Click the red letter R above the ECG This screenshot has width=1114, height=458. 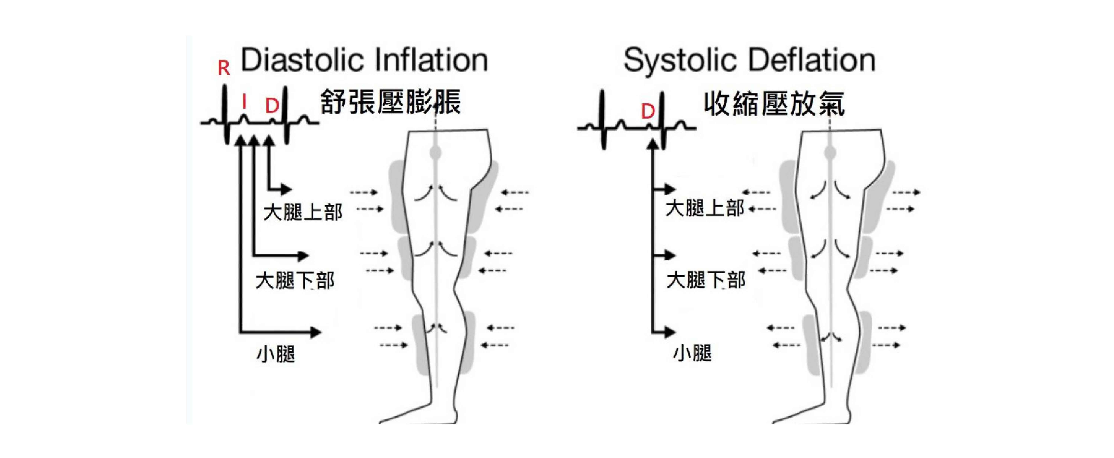(x=224, y=68)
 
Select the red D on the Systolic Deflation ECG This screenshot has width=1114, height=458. (x=647, y=112)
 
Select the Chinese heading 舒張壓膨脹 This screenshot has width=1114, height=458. (x=390, y=102)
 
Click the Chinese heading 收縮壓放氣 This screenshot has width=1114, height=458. (x=774, y=104)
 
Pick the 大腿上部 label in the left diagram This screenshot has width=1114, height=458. (x=303, y=212)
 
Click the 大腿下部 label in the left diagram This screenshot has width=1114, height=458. (x=295, y=281)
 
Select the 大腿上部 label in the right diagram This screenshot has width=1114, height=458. (x=704, y=208)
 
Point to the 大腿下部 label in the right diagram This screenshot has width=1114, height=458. (x=706, y=280)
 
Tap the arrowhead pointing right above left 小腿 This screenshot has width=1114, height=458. (x=315, y=332)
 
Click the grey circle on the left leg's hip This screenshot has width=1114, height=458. (x=436, y=153)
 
